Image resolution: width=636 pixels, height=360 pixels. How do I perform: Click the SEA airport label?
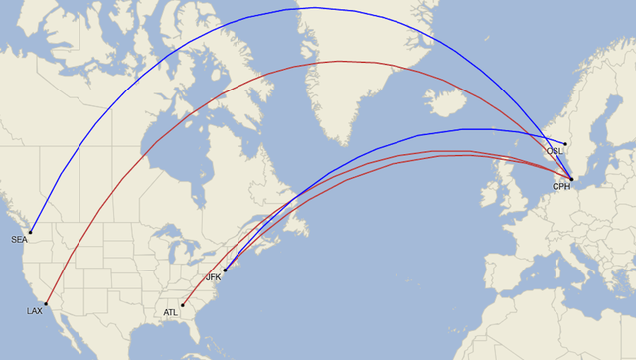click(x=19, y=240)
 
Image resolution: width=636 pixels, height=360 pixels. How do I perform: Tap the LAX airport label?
click(x=34, y=311)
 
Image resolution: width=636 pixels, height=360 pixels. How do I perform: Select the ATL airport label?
click(x=170, y=312)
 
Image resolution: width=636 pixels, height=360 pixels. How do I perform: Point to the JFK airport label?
click(x=213, y=277)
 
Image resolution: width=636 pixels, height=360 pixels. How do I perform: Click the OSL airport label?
click(x=555, y=151)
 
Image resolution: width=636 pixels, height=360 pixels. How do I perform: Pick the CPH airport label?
click(x=561, y=186)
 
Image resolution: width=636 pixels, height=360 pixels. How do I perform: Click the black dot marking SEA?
click(x=31, y=232)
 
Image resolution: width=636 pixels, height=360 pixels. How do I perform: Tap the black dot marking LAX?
click(x=46, y=303)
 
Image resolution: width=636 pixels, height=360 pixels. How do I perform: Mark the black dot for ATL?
click(x=182, y=304)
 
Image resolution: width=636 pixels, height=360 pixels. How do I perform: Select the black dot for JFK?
click(x=225, y=270)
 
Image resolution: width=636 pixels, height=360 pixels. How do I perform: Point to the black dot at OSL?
click(x=565, y=143)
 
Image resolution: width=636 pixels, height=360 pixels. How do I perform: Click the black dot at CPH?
click(x=571, y=178)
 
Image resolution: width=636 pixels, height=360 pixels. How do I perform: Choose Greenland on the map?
click(x=338, y=70)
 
